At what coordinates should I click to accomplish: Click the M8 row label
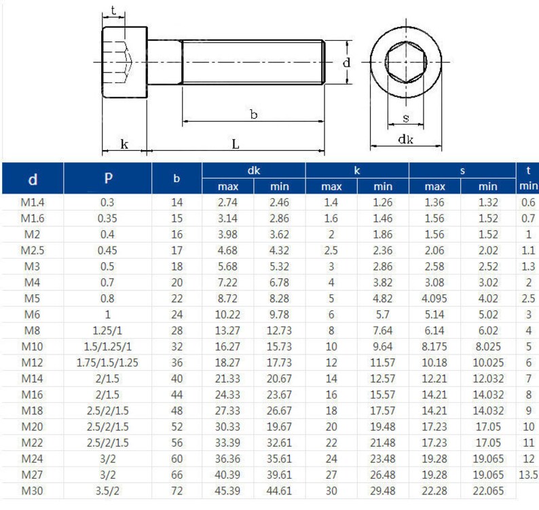tap(33, 330)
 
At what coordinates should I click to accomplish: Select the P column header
tap(108, 179)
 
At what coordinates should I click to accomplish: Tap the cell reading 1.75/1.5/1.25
tap(108, 363)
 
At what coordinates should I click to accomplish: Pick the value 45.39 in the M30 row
tap(228, 491)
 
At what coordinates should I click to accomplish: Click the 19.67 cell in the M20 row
tap(280, 426)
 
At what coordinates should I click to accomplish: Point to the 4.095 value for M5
tap(434, 298)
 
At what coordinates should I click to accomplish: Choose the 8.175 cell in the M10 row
tap(434, 346)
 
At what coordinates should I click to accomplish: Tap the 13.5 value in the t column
tap(528, 475)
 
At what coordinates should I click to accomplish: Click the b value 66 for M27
tap(177, 475)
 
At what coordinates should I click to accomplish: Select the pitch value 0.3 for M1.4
tap(108, 202)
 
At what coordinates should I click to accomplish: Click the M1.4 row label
tap(33, 202)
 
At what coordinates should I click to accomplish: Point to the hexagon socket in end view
tap(405, 62)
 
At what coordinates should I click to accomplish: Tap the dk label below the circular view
tap(406, 139)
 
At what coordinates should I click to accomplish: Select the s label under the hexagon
tap(406, 118)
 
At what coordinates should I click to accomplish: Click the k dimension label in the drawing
tap(124, 143)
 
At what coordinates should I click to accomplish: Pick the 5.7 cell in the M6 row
tap(383, 314)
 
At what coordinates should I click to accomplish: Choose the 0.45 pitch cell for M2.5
tap(108, 250)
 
